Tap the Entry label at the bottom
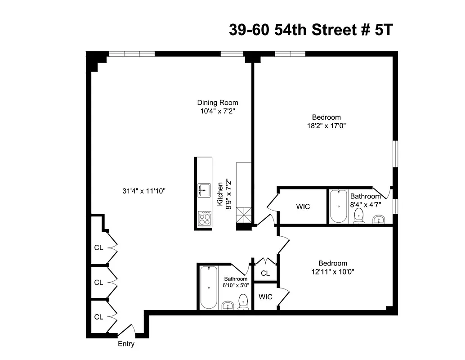(x=126, y=344)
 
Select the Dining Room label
(x=217, y=103)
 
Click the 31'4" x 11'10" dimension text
(x=144, y=191)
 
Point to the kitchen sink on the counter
(x=204, y=190)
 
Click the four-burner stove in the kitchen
(x=204, y=219)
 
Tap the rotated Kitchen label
(x=220, y=194)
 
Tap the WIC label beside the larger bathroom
(x=303, y=207)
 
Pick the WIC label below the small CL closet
(x=265, y=297)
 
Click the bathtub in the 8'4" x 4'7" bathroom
(x=338, y=206)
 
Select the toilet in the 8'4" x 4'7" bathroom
(x=359, y=215)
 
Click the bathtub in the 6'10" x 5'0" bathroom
(x=208, y=287)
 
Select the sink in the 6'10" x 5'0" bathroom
(x=228, y=306)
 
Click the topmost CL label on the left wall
(x=98, y=247)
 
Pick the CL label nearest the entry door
(x=98, y=317)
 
